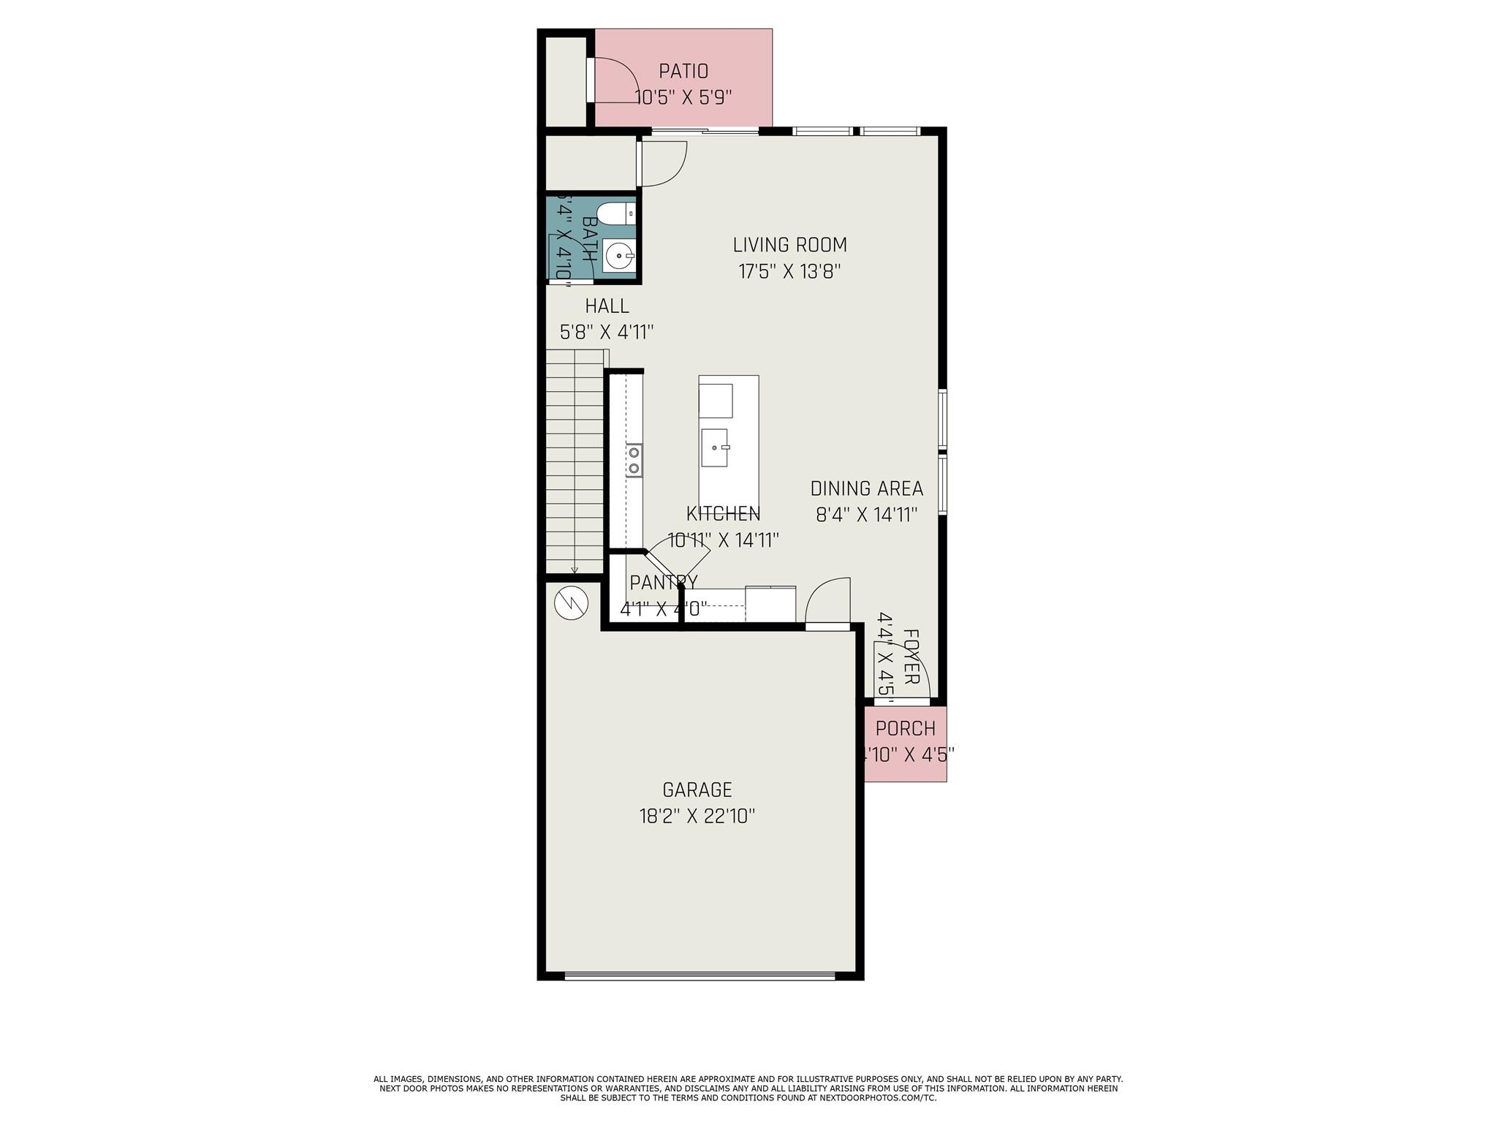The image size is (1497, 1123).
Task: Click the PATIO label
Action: (683, 72)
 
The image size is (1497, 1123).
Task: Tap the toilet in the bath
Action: (615, 214)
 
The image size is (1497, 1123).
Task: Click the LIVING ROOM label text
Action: (789, 245)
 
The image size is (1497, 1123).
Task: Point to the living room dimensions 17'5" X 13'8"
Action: (789, 272)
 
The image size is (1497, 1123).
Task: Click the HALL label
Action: (607, 306)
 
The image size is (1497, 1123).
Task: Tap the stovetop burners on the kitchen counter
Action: (634, 461)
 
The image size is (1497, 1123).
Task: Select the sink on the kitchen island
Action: (715, 447)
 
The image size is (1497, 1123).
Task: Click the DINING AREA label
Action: (866, 488)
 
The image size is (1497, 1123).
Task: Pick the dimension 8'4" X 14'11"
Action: (866, 515)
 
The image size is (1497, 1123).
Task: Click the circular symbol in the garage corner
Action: (571, 603)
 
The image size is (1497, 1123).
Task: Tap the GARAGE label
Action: (697, 790)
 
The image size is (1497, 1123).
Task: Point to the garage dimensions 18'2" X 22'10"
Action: (697, 816)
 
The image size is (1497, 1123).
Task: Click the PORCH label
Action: (905, 729)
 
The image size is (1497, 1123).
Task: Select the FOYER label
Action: (911, 657)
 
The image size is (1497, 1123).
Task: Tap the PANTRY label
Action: (663, 583)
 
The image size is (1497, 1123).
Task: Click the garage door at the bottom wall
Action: (700, 975)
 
